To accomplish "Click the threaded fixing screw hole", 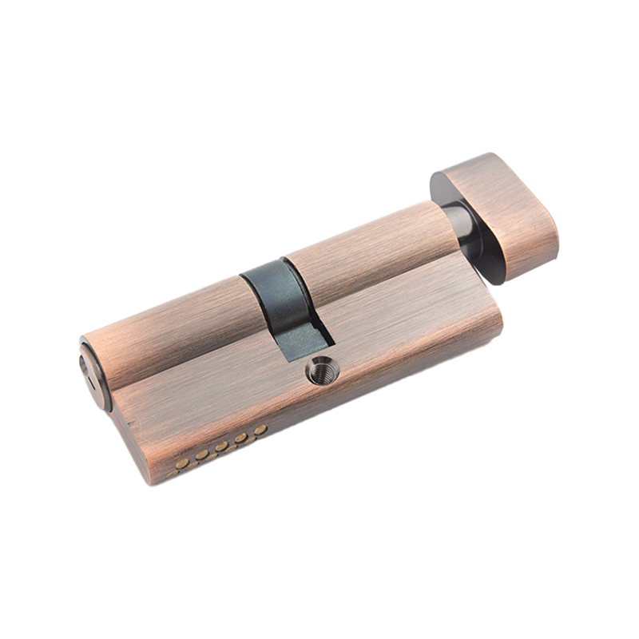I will point(323,370).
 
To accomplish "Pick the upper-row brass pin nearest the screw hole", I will point(260,430).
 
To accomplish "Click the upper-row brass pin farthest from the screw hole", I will point(182,463).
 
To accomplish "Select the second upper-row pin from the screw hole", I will point(240,438).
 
